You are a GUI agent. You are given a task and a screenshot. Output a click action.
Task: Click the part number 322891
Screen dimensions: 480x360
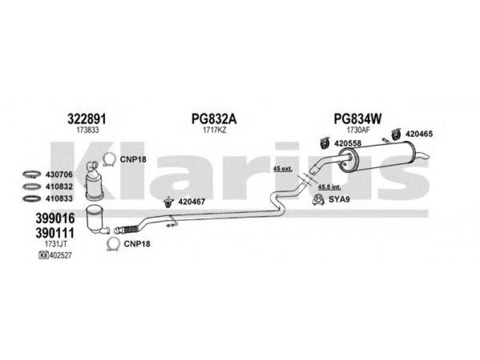click(87, 119)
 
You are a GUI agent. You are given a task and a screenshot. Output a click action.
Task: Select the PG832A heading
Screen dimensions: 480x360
click(214, 119)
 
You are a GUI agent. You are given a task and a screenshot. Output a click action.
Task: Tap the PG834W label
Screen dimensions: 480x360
click(358, 119)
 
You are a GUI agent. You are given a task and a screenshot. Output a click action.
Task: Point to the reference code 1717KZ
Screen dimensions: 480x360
click(214, 130)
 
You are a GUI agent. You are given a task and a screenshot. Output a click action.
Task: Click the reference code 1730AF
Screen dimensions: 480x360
click(358, 130)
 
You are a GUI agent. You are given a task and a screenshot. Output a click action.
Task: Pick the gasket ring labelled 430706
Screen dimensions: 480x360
click(32, 175)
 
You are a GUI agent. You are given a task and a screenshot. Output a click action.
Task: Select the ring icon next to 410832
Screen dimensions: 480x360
click(32, 187)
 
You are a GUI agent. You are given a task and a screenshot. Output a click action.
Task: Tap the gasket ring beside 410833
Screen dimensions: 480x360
click(32, 199)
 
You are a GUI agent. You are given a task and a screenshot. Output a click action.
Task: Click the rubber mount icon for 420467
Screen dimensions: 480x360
click(168, 202)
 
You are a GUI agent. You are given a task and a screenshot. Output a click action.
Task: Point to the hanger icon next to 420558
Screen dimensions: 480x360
click(323, 143)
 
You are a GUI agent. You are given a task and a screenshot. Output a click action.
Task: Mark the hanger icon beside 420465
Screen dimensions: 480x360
click(396, 134)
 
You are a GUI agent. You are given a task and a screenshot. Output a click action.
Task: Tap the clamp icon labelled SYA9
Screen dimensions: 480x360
click(319, 200)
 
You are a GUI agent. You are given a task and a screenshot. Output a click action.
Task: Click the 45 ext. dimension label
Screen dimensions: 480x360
click(283, 169)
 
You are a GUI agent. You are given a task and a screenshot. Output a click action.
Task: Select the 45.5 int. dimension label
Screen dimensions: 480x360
click(329, 187)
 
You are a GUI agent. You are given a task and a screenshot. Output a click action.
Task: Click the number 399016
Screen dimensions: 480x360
click(55, 218)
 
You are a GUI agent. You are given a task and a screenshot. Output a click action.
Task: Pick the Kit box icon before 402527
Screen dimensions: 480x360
click(44, 255)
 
